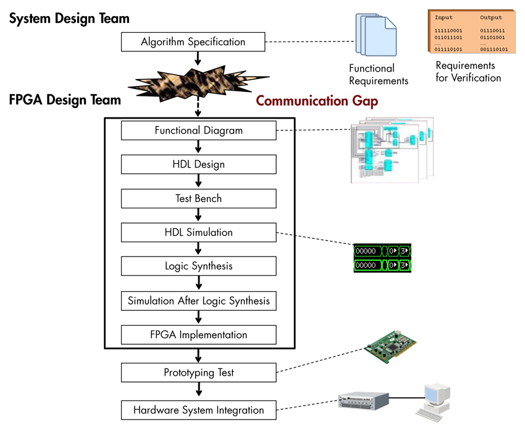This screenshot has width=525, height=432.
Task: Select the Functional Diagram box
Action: click(198, 130)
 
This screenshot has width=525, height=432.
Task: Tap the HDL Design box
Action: click(198, 164)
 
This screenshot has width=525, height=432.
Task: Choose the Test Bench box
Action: click(198, 198)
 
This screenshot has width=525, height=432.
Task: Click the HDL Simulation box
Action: click(198, 232)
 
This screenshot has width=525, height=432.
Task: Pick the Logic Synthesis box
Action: click(198, 266)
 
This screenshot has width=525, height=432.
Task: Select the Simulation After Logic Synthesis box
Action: click(198, 301)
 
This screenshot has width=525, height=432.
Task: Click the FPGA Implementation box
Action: click(198, 335)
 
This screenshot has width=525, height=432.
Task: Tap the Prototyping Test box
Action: click(198, 373)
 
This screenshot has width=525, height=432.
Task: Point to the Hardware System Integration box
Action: click(198, 410)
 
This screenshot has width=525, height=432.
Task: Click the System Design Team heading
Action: click(69, 19)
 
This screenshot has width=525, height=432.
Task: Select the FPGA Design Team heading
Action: click(65, 100)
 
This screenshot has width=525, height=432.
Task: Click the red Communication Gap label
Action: click(317, 100)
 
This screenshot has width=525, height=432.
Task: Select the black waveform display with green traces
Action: click(382, 258)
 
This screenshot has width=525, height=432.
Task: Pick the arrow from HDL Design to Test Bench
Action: click(198, 181)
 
